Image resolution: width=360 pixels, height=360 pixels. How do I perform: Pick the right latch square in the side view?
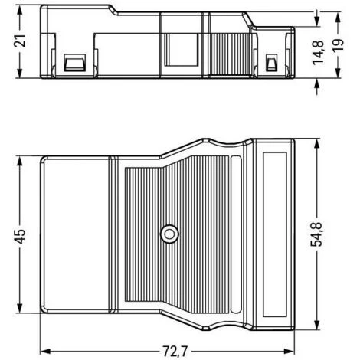pyautogui.click(x=270, y=62)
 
